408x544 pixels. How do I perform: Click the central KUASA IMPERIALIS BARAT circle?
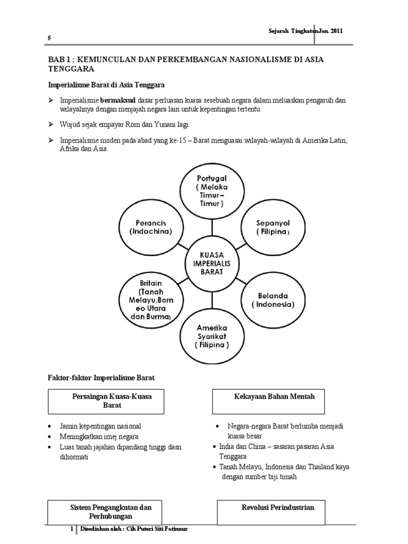tap(212, 263)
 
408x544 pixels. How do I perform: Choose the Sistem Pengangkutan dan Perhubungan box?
tap(110, 512)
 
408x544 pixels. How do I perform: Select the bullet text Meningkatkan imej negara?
tap(96, 437)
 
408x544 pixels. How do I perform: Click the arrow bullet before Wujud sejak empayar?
tap(52, 124)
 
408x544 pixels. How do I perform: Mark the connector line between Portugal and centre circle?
tap(212, 227)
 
